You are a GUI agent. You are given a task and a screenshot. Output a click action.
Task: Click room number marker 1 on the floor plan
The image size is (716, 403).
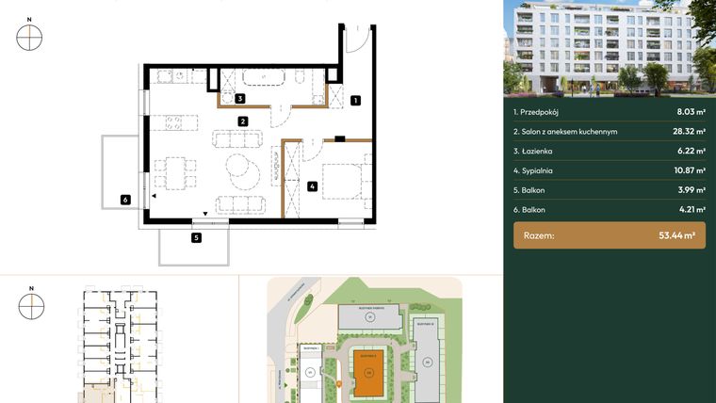(355, 100)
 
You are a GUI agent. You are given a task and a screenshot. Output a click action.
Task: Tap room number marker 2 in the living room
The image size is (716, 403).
(242, 121)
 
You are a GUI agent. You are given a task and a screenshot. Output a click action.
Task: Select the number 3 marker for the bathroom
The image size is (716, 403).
(240, 98)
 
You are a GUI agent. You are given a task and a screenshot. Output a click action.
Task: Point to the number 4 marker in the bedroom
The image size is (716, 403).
(311, 186)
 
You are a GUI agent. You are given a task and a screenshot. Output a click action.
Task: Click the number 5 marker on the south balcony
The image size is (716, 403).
(196, 238)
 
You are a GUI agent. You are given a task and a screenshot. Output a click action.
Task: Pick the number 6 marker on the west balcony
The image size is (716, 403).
(124, 199)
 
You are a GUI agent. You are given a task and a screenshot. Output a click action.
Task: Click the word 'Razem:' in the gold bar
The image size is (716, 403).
(540, 236)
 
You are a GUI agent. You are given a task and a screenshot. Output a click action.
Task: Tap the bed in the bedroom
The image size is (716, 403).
(340, 180)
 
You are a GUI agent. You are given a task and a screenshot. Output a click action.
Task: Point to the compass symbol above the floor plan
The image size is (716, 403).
(30, 37)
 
